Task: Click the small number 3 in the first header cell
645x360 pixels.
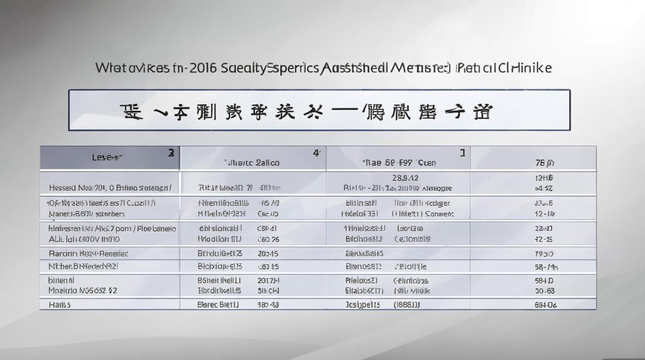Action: point(171,153)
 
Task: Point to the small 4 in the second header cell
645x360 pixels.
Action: point(316,153)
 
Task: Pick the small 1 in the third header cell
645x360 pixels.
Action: point(462,153)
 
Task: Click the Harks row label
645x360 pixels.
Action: point(60,304)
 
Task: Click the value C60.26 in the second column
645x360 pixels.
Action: point(268,239)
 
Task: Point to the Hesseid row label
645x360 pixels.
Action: point(64,188)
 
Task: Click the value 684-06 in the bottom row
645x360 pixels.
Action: point(546,304)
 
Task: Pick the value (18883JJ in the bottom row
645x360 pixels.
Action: point(407,304)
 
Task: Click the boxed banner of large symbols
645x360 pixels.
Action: point(319,110)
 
